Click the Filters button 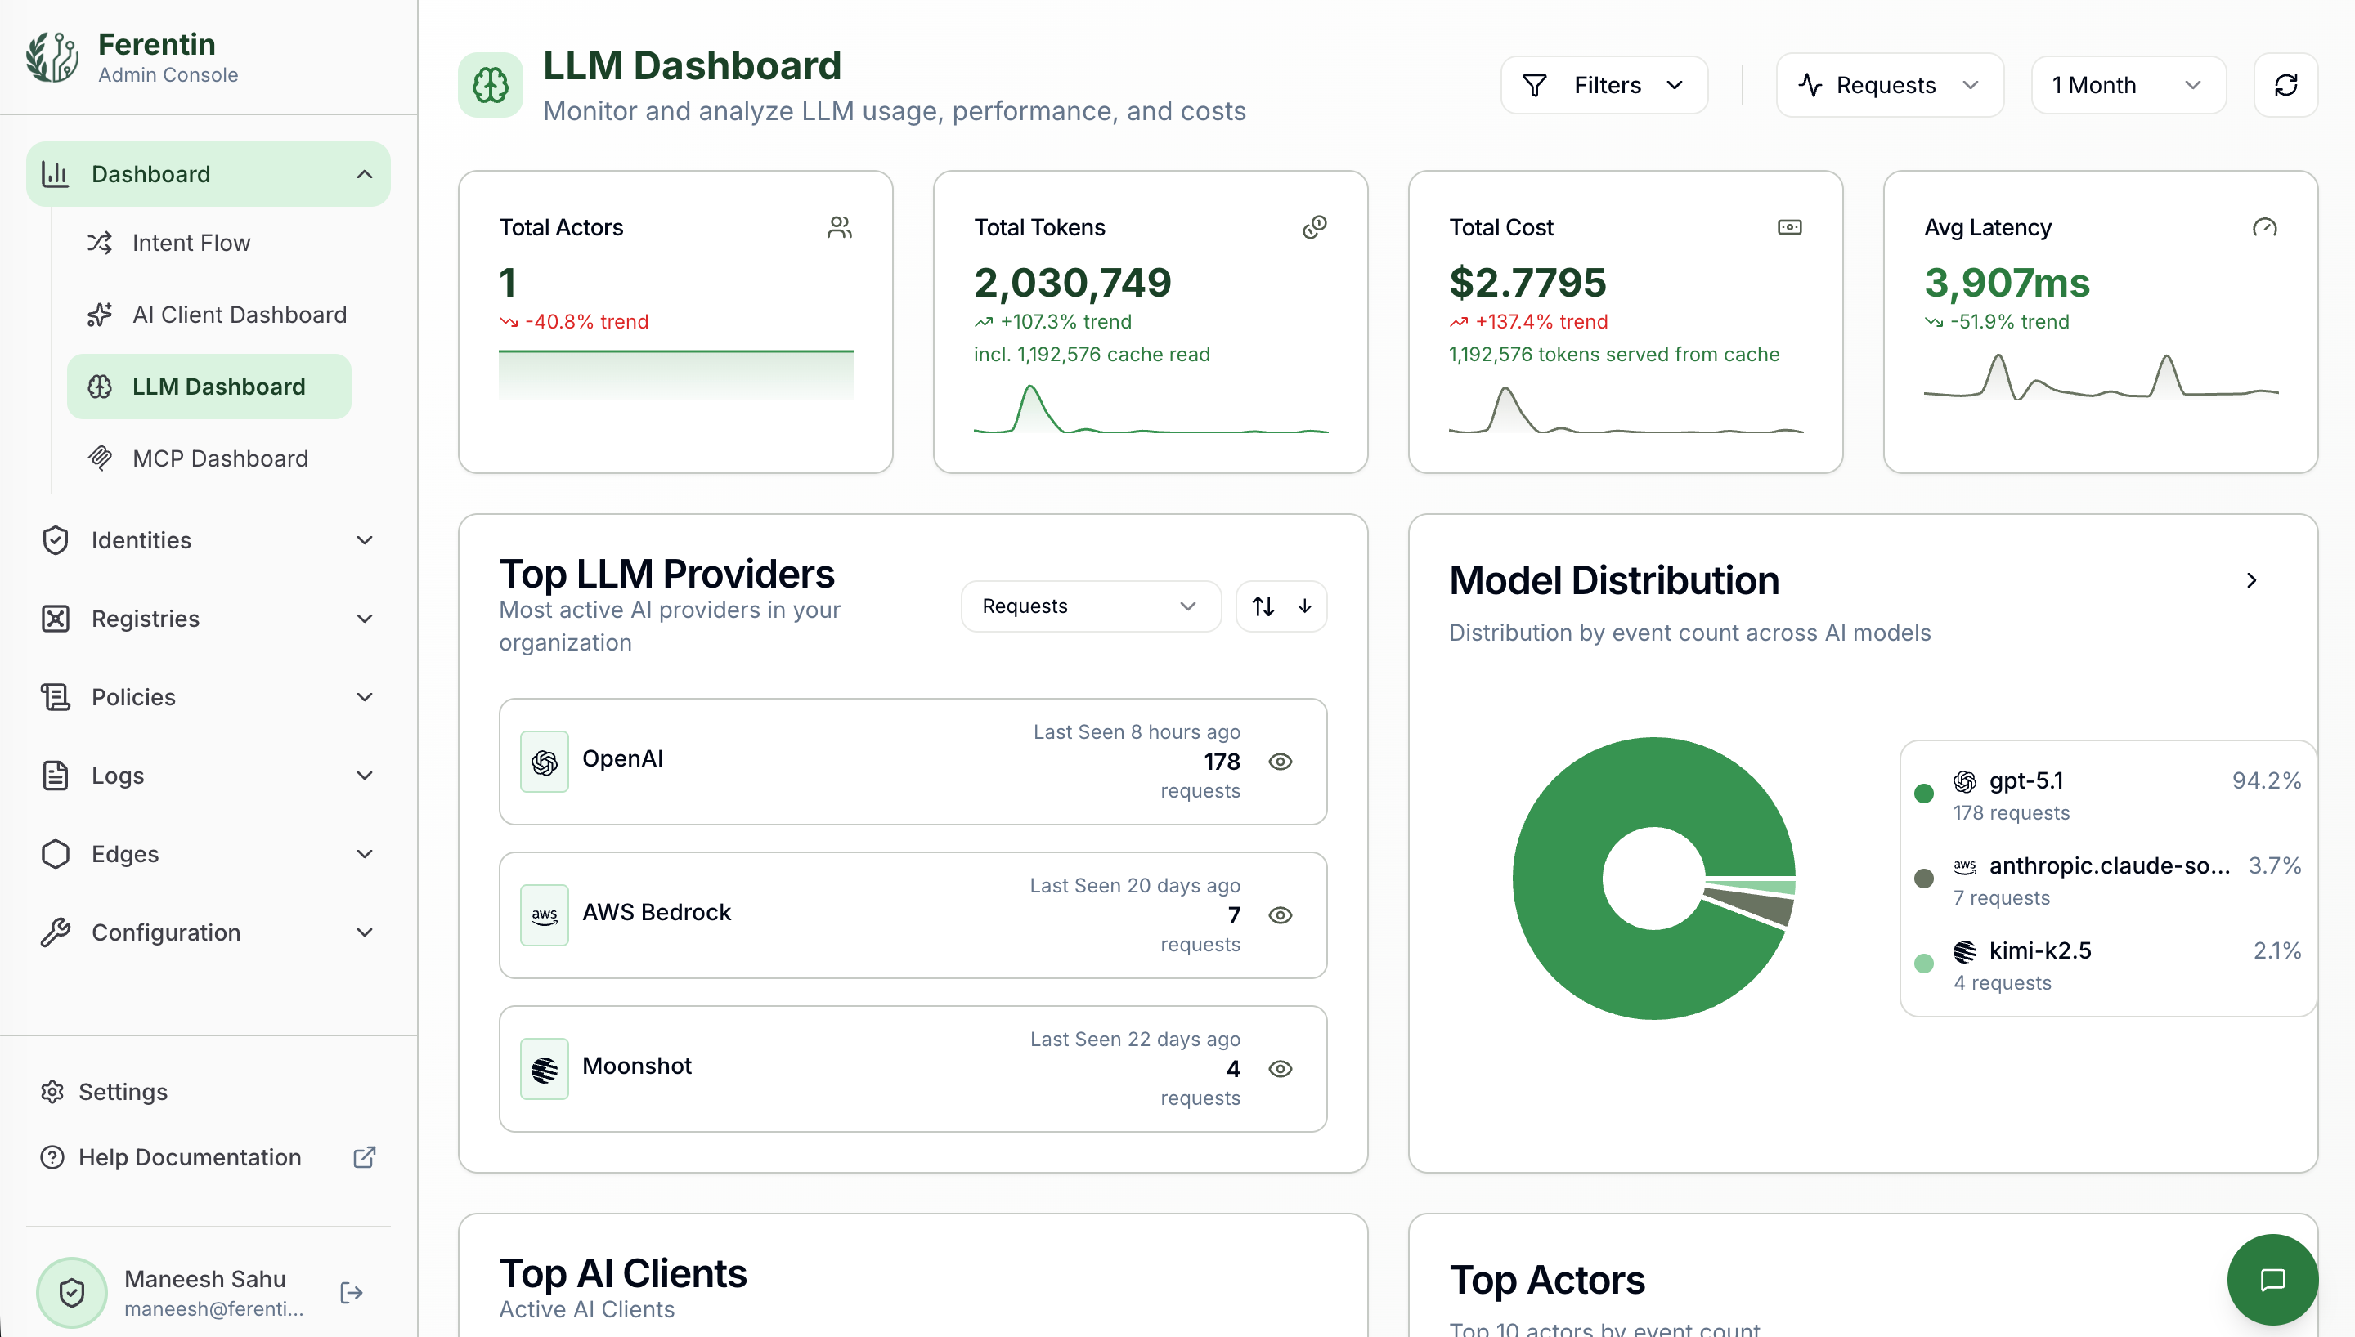[1604, 85]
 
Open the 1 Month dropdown [2127, 85]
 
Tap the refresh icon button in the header [2285, 85]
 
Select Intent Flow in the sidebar [191, 243]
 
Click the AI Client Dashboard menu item [239, 315]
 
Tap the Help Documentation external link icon [365, 1157]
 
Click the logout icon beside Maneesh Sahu [351, 1293]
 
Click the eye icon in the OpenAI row [1281, 761]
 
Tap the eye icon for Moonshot [1281, 1069]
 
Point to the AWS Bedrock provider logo [545, 914]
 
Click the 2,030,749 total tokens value [1072, 282]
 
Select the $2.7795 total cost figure [1527, 282]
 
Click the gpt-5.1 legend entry [2025, 780]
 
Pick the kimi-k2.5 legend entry [2039, 950]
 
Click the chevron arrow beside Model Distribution [2251, 580]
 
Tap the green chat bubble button [2272, 1279]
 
